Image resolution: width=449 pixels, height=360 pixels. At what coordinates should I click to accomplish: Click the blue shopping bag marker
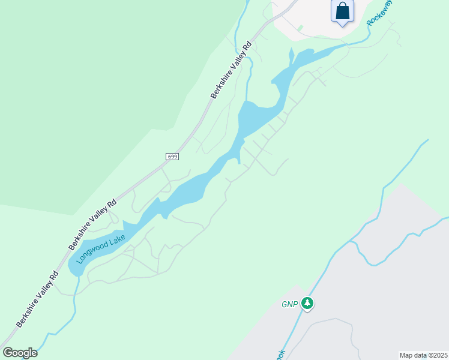[x=342, y=11]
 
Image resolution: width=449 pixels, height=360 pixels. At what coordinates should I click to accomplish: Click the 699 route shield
[x=172, y=157]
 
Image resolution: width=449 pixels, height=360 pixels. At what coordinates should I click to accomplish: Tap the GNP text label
[x=290, y=304]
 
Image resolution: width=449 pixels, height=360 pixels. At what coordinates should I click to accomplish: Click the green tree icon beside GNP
[x=308, y=304]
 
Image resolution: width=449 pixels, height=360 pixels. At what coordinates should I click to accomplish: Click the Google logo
[x=20, y=353]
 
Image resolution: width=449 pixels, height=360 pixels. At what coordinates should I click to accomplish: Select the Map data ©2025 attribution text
[x=423, y=355]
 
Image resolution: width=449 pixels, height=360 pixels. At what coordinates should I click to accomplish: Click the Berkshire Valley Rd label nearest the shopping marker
[x=231, y=70]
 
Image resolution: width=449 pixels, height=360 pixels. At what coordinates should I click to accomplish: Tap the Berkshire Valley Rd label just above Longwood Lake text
[x=92, y=224]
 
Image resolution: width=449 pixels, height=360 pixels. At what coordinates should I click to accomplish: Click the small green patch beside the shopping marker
[x=300, y=28]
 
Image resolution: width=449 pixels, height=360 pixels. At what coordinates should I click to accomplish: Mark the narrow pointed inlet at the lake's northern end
[x=291, y=56]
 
